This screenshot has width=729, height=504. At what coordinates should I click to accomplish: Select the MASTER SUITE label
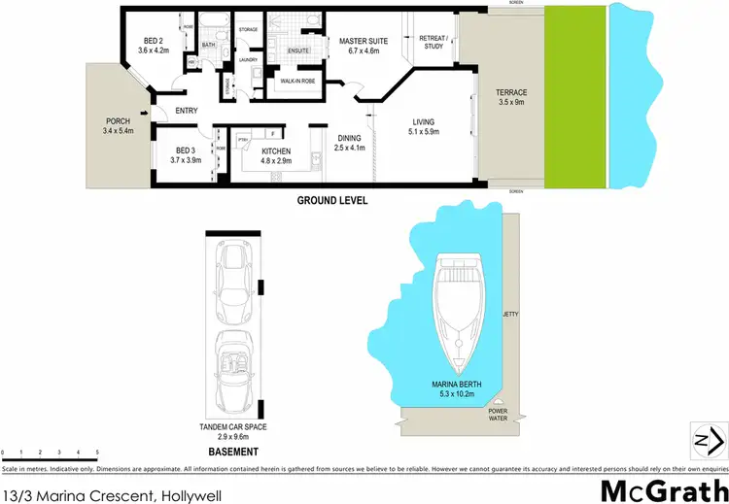[x=359, y=42]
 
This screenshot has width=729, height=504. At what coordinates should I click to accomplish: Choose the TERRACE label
[x=510, y=92]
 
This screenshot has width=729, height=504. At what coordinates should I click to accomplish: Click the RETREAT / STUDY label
[x=432, y=41]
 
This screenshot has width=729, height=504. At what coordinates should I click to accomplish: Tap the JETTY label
[x=511, y=315]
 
